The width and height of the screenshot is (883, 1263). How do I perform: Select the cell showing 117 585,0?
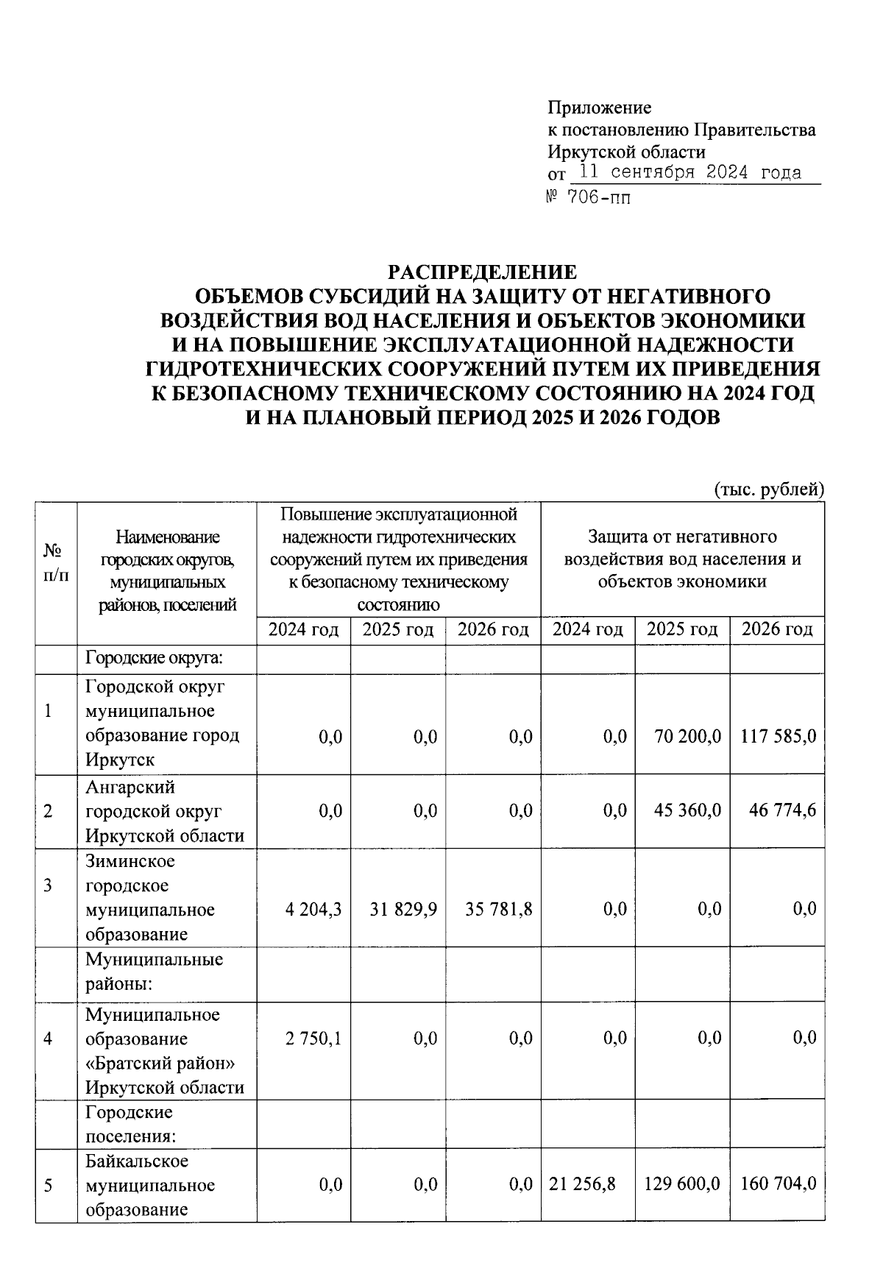point(778,736)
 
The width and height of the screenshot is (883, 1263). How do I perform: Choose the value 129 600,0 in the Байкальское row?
point(682,1184)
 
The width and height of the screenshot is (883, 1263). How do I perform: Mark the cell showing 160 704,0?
point(778,1184)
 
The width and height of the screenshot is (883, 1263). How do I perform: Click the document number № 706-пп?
point(589,197)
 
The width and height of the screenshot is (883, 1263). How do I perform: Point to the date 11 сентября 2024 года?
point(689,173)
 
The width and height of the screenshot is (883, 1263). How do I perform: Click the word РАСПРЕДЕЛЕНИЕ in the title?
point(482,272)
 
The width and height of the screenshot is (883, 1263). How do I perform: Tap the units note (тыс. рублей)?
point(769,489)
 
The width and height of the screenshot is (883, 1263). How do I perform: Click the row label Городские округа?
point(154,657)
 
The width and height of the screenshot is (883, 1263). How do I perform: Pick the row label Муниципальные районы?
point(154,971)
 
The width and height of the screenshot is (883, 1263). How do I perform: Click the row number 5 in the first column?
point(48,1185)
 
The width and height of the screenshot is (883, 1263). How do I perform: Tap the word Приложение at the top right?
point(599,107)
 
